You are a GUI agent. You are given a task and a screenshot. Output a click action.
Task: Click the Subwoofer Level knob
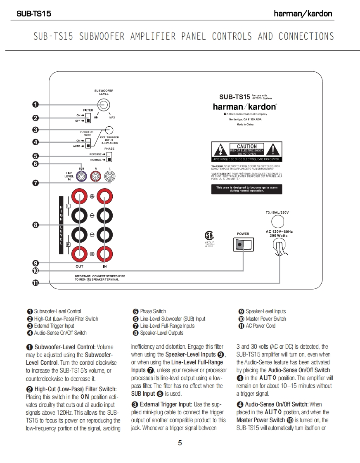104,104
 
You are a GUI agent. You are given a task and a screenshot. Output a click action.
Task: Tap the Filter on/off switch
88,118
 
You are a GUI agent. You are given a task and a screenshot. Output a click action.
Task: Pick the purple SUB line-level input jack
81,177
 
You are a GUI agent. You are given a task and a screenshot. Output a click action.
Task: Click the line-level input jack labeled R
96,177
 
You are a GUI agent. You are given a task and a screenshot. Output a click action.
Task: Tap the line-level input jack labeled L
109,177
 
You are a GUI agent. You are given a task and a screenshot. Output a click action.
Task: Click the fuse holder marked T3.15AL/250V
277,221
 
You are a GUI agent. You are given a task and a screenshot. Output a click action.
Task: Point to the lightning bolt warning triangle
220,149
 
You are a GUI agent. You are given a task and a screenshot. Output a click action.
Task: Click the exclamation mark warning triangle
272,149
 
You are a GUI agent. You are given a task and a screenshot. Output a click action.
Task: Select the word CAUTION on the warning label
246,146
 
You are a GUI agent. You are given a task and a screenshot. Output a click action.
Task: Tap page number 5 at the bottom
180,443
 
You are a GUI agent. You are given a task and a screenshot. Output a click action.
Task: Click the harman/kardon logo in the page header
303,14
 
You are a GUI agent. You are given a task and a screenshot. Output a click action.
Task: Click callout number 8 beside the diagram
36,224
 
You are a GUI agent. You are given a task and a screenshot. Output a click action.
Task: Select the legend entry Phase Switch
149,312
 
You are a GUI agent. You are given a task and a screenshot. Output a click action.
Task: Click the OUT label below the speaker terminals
79,267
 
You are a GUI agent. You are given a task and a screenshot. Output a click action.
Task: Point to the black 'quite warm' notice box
246,189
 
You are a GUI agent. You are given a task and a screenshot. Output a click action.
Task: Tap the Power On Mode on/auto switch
88,143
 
